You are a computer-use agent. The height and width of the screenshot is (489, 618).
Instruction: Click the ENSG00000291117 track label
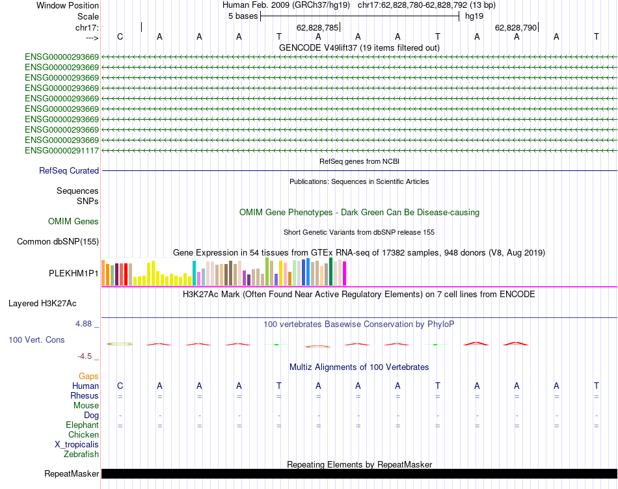[x=62, y=150]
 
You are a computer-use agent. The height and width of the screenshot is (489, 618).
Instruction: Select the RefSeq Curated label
[x=69, y=170]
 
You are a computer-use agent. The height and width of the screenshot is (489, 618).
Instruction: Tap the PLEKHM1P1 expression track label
[x=74, y=274]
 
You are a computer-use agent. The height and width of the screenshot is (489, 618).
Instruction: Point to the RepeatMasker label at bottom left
[x=72, y=473]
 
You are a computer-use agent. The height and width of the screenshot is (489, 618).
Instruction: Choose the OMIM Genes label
[x=74, y=222]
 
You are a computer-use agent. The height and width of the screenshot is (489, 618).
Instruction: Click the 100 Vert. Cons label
[x=36, y=339]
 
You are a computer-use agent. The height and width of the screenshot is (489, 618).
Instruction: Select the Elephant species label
[x=81, y=425]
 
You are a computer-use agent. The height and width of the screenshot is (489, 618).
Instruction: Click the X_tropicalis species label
[x=77, y=445]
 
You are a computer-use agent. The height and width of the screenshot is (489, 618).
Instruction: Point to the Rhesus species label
[x=85, y=396]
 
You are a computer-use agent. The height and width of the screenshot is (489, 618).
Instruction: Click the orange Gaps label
[x=88, y=377]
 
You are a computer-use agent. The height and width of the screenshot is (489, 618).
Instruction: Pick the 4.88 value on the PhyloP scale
[x=87, y=323]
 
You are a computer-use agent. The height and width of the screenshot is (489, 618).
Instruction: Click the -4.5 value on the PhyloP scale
[x=88, y=356]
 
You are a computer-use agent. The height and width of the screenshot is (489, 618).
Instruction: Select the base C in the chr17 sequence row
[x=120, y=36]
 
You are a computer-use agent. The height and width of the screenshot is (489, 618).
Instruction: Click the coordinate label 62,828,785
[x=317, y=28]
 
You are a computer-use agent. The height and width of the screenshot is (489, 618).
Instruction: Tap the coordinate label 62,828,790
[x=516, y=28]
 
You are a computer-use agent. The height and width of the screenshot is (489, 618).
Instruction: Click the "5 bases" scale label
[x=243, y=16]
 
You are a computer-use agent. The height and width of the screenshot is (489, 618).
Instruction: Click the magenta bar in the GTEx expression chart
[x=345, y=273]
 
